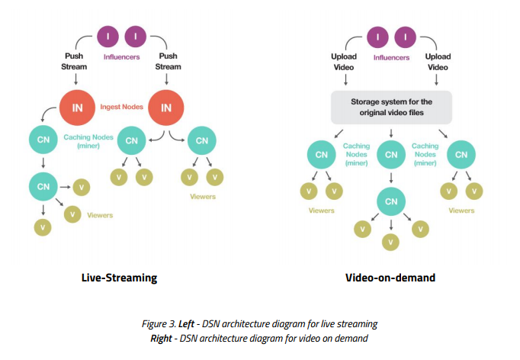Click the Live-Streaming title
[x=119, y=278]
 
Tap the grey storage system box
[x=390, y=107]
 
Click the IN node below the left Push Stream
[x=77, y=108]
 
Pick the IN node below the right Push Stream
[x=165, y=108]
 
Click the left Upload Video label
[x=343, y=62]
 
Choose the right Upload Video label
[x=438, y=62]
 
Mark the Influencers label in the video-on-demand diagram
[x=391, y=57]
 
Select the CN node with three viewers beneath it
[x=390, y=201]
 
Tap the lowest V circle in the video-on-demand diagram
[x=390, y=242]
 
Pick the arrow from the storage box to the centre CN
[x=390, y=133]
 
